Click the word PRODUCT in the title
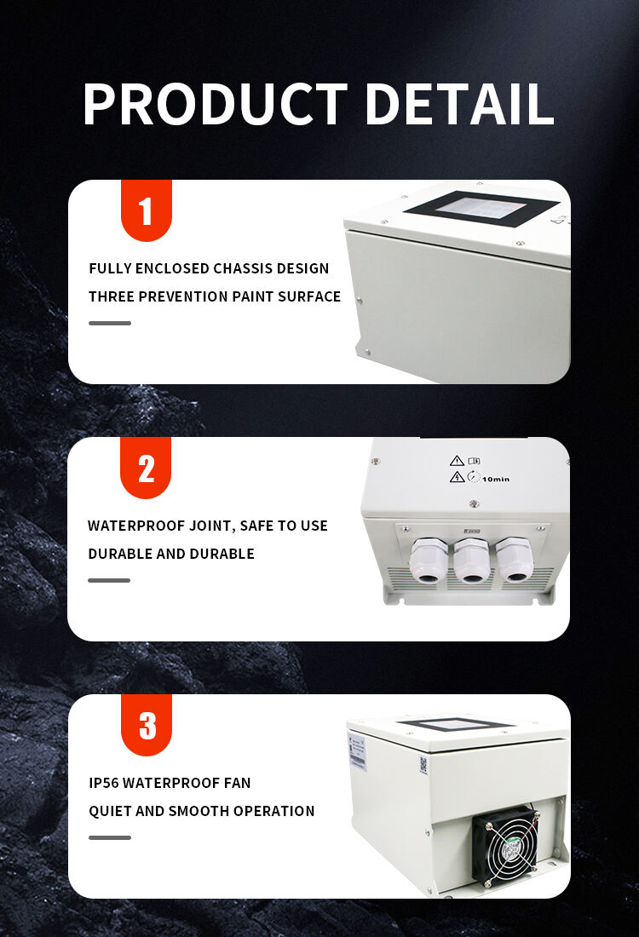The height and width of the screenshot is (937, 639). click(216, 104)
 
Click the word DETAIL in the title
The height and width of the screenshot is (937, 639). click(460, 104)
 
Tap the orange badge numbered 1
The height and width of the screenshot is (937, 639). click(146, 210)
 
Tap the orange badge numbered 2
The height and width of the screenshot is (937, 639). click(145, 468)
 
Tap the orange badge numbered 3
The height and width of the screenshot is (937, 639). click(147, 725)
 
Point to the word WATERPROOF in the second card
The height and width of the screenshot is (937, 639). click(136, 526)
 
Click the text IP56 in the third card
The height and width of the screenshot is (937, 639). click(103, 783)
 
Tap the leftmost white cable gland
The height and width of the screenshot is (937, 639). click(428, 560)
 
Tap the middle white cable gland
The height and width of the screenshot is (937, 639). click(471, 560)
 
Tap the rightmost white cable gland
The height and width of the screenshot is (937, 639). click(513, 560)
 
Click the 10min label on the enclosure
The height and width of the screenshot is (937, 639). click(496, 480)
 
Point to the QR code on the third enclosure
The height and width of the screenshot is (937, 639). click(423, 765)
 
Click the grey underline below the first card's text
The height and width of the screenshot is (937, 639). click(110, 324)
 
